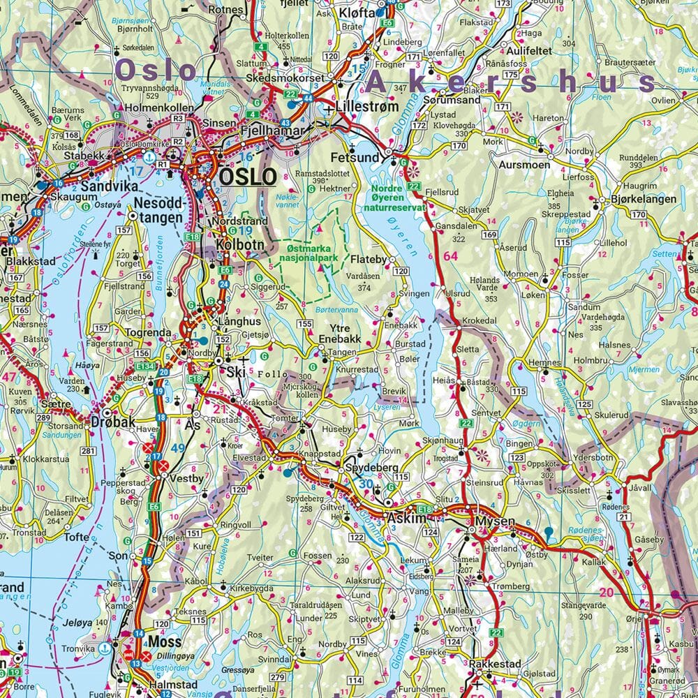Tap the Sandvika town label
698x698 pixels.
(x=106, y=187)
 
